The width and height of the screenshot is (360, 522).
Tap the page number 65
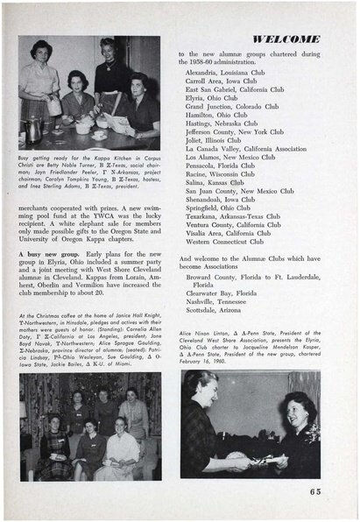click(314, 490)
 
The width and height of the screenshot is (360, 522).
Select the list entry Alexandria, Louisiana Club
click(226, 72)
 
